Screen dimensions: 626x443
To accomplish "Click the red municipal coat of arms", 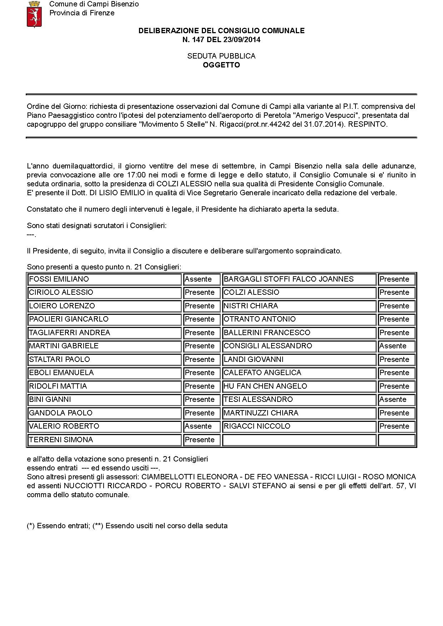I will tap(34, 15).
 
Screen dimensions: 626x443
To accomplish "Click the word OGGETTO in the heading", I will tap(221, 65).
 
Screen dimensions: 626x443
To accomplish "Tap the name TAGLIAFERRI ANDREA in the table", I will tap(70, 333).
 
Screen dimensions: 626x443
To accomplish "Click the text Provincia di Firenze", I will tap(82, 13).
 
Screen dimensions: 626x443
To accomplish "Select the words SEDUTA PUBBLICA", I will tap(221, 56).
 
